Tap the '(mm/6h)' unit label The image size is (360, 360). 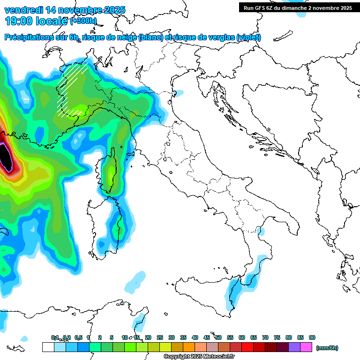[327, 348]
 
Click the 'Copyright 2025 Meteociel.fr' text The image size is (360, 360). [199, 357]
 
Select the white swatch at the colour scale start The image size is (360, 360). [48, 347]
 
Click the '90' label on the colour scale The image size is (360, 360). [312, 337]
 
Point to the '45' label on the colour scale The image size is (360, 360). [207, 337]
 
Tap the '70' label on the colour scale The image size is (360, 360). [265, 337]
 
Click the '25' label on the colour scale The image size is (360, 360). [160, 337]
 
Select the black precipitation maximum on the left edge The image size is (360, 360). [5, 157]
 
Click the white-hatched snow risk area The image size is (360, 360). [71, 89]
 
